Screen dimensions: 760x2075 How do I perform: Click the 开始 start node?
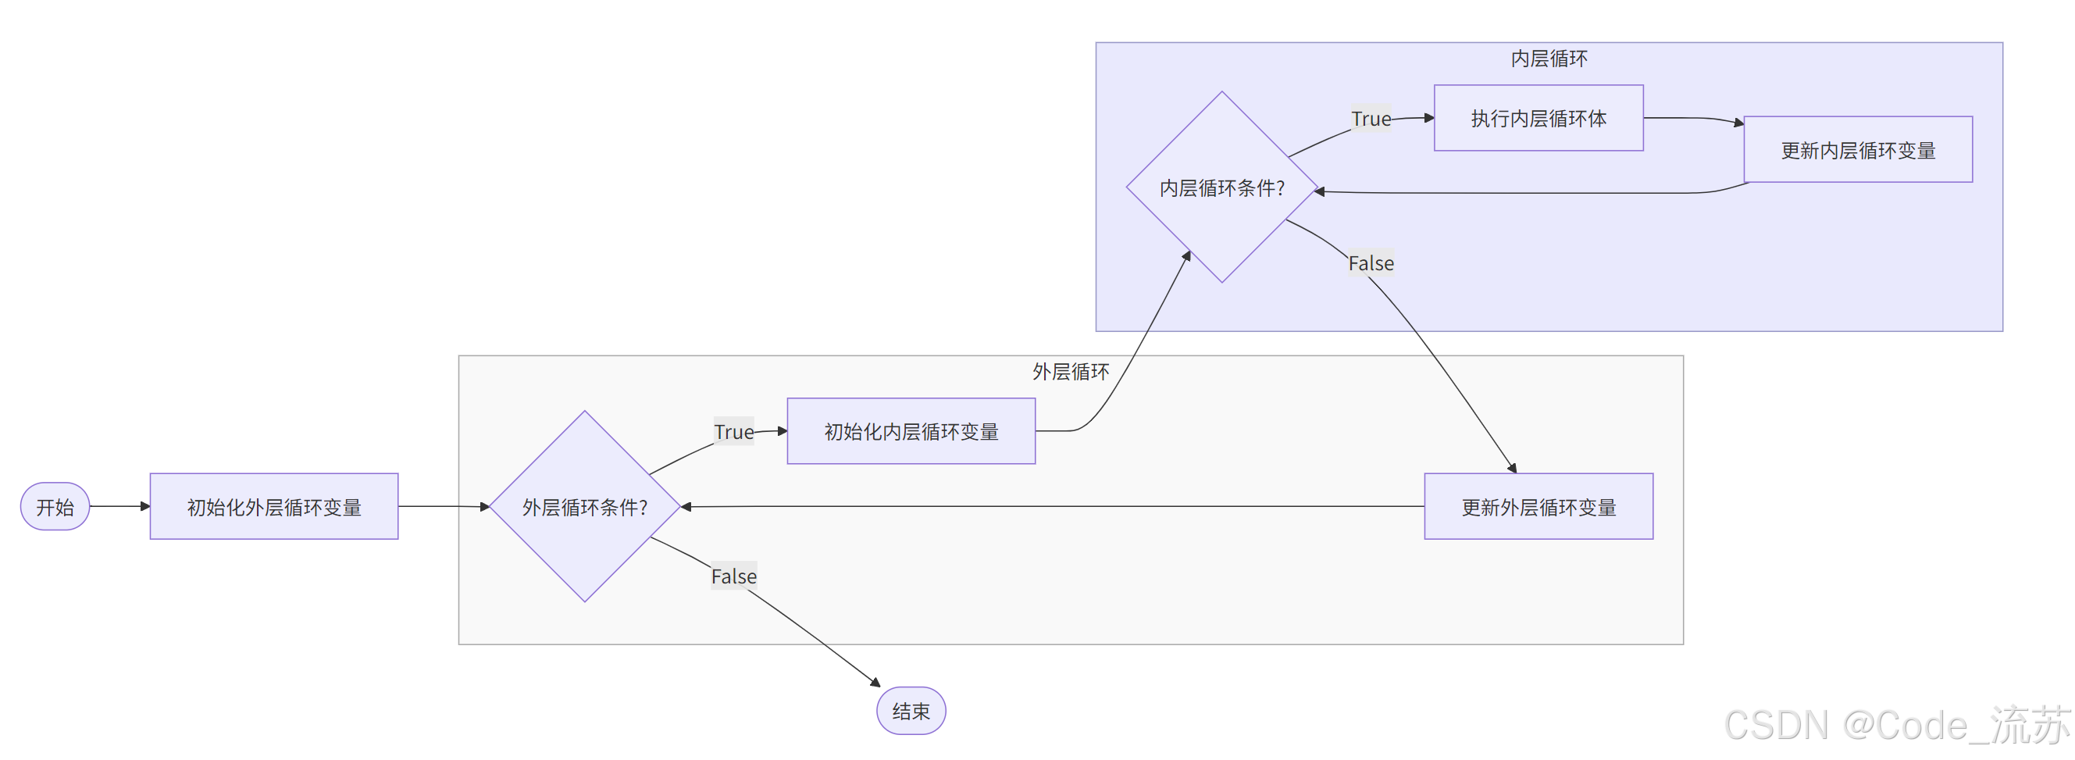[55, 507]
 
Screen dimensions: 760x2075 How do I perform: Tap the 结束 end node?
[911, 711]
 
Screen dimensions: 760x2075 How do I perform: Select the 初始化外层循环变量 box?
[274, 507]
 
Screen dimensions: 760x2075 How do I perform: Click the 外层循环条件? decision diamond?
[585, 507]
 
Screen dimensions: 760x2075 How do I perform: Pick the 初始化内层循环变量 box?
[911, 432]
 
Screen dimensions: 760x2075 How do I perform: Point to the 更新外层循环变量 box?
[1538, 507]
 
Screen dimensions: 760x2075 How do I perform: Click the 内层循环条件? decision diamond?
[1221, 187]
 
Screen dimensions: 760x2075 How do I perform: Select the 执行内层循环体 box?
[1538, 119]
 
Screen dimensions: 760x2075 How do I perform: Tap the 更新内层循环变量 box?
[1858, 151]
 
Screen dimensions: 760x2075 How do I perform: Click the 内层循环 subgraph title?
[1548, 59]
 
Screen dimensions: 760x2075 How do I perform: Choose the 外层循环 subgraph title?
[1070, 372]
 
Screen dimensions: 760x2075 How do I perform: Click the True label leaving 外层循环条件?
[734, 432]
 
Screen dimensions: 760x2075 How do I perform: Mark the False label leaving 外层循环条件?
[734, 576]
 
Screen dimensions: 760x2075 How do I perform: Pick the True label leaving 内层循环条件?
[1371, 120]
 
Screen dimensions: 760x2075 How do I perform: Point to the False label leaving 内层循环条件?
[1371, 263]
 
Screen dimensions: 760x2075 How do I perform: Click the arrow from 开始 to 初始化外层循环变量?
[119, 507]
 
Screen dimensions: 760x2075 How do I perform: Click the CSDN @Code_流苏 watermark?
[1897, 726]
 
